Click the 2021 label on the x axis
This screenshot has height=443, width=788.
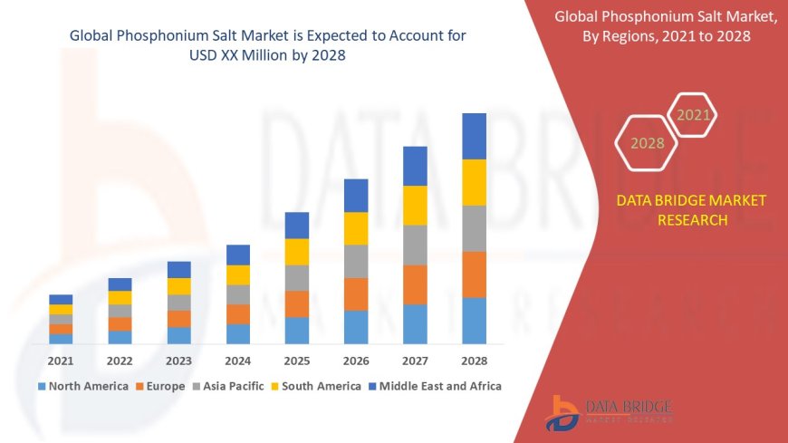pyautogui.click(x=61, y=361)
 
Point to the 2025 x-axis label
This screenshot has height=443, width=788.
pyautogui.click(x=296, y=361)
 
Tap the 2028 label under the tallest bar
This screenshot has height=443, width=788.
pyautogui.click(x=474, y=361)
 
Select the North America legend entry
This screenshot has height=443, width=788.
pyautogui.click(x=82, y=386)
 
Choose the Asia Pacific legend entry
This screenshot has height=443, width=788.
pyautogui.click(x=226, y=386)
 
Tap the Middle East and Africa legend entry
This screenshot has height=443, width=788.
pyautogui.click(x=434, y=386)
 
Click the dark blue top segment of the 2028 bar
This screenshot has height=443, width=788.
pyautogui.click(x=474, y=136)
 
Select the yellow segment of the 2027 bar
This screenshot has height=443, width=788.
pyautogui.click(x=415, y=205)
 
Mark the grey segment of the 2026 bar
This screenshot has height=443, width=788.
pyautogui.click(x=356, y=261)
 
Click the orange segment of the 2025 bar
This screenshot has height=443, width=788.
pyautogui.click(x=296, y=303)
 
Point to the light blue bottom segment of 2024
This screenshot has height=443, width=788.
pyautogui.click(x=237, y=333)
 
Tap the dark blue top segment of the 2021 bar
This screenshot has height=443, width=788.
pyautogui.click(x=61, y=299)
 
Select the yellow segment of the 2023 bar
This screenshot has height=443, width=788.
pyautogui.click(x=178, y=286)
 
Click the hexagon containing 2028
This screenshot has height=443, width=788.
pyautogui.click(x=647, y=143)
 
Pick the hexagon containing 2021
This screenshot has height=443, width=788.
pyautogui.click(x=694, y=115)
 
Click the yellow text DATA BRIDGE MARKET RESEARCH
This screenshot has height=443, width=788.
pyautogui.click(x=691, y=210)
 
